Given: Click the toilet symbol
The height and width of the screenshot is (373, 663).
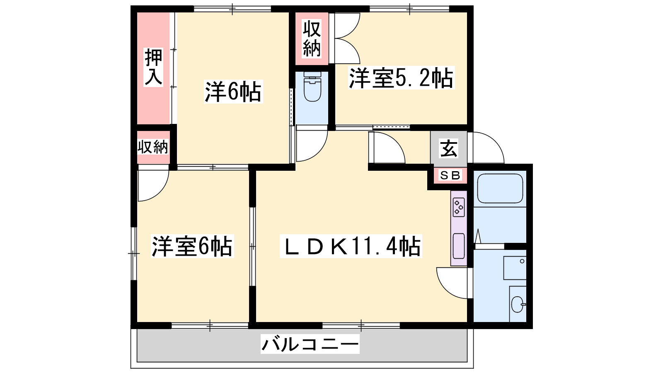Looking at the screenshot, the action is (x=312, y=87).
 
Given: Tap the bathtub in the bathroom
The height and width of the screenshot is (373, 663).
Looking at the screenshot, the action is (x=500, y=188).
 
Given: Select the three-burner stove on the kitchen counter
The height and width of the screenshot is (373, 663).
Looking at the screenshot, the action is (x=459, y=207).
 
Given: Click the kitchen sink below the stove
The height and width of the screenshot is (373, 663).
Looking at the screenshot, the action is (x=459, y=246).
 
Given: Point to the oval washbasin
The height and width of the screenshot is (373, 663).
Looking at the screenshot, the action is (x=518, y=304).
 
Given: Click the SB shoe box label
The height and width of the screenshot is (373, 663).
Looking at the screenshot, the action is (x=450, y=176).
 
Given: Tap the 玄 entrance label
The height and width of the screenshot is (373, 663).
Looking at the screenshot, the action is (x=449, y=149).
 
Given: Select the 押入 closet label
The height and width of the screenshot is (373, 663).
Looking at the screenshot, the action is (x=153, y=67).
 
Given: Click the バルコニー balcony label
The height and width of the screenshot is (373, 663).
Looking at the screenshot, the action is (x=310, y=344).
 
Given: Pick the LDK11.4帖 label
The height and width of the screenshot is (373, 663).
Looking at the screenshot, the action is (x=351, y=246).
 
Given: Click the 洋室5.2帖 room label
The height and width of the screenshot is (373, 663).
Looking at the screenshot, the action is (x=401, y=78).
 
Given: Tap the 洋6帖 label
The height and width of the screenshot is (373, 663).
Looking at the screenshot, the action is (x=233, y=92).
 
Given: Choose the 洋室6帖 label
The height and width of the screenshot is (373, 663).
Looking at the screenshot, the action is (x=192, y=246).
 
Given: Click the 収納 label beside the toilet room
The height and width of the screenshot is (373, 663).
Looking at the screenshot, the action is (x=312, y=39).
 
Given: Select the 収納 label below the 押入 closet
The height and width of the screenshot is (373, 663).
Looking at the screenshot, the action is (x=153, y=147).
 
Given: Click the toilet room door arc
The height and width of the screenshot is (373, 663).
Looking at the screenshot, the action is (x=318, y=152).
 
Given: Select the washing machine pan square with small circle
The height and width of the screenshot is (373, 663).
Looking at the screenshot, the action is (x=515, y=268).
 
